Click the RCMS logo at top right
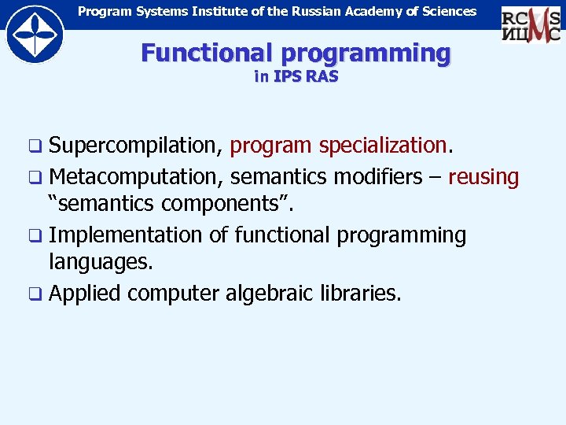[531, 23]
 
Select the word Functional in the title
[207, 54]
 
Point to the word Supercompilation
[137, 146]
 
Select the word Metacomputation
[140, 176]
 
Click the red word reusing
[483, 177]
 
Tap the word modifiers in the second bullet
[377, 176]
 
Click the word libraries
[361, 294]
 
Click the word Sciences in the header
[450, 11]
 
